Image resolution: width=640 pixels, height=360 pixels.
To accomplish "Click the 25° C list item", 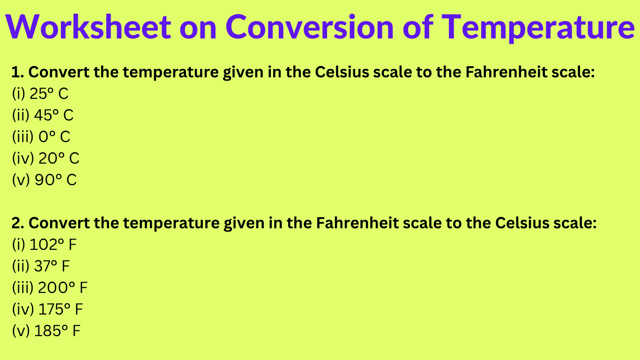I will point(49,94).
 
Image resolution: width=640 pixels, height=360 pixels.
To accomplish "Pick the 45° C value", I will point(54,115).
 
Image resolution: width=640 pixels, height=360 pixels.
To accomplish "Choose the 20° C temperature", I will point(59,158).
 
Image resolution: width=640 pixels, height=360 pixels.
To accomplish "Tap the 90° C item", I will point(55,180).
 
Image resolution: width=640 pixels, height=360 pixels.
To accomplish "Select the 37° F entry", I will point(52,266).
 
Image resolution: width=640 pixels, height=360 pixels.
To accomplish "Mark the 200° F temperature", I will point(63,288).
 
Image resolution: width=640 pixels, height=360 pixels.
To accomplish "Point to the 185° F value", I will point(57,331).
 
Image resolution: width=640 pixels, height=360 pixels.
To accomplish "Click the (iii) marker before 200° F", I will point(22,288).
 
